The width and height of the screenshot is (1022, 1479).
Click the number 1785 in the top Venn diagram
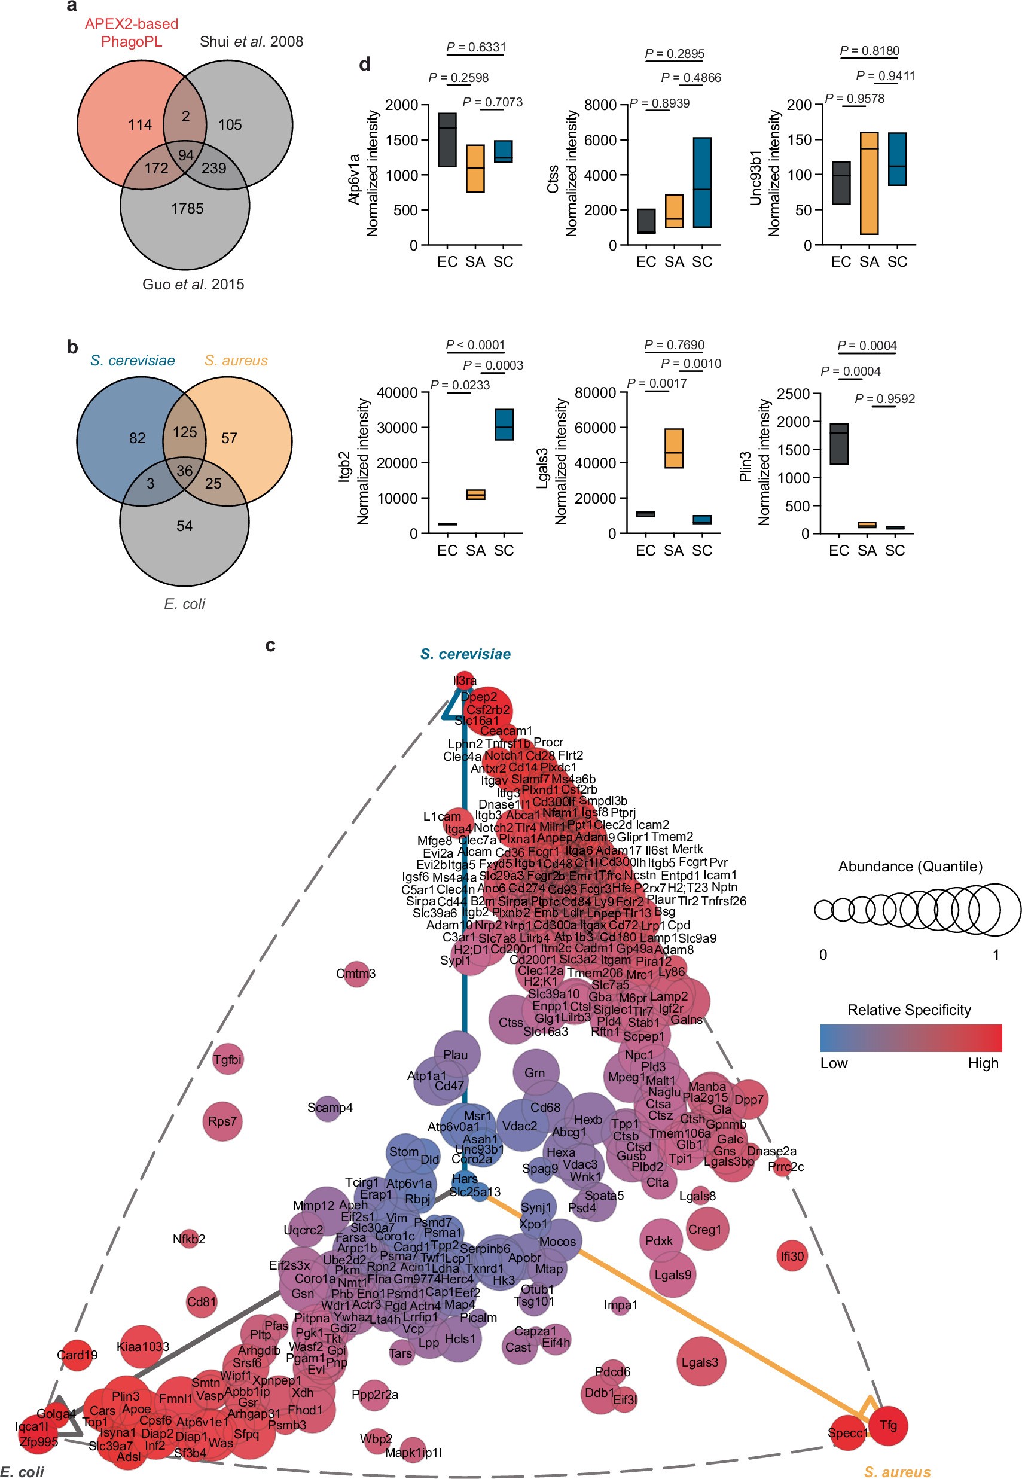point(187,209)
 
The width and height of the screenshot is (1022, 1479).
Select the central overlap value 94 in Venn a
point(186,155)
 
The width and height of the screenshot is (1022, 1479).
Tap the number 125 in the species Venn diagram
point(184,432)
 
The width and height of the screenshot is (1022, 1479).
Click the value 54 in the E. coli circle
point(184,526)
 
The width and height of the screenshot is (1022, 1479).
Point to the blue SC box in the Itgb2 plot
point(504,425)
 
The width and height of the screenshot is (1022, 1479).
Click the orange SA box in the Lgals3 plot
point(673,448)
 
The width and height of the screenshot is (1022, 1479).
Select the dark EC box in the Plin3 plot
point(839,444)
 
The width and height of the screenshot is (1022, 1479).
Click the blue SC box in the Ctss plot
point(703,182)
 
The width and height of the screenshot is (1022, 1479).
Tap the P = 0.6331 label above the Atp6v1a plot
point(476,47)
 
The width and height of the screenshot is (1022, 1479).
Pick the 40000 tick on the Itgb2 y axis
point(397,392)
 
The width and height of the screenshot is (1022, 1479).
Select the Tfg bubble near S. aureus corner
point(888,1426)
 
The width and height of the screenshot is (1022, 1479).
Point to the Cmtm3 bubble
point(356,974)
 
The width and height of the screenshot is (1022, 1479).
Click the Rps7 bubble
point(222,1122)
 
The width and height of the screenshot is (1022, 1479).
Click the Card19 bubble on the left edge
point(77,1355)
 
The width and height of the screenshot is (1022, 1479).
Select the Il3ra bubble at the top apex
point(465,681)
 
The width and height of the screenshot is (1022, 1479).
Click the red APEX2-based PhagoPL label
point(132,33)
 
